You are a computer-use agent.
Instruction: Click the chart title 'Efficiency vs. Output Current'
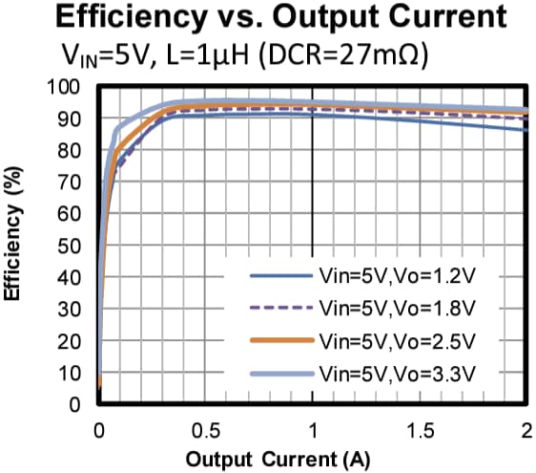point(268,19)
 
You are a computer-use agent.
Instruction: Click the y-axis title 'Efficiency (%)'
point(14,238)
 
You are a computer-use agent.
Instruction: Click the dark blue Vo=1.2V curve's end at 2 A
point(524,130)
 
